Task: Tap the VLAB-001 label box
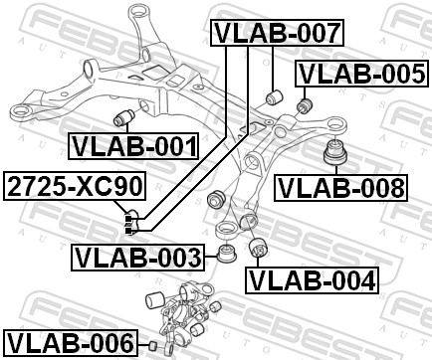133,146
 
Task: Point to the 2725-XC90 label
74,186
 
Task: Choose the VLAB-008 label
340,186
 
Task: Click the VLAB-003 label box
137,259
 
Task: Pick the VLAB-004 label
313,280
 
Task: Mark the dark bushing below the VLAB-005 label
305,102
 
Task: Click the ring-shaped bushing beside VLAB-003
226,254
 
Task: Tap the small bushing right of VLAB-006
154,345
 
